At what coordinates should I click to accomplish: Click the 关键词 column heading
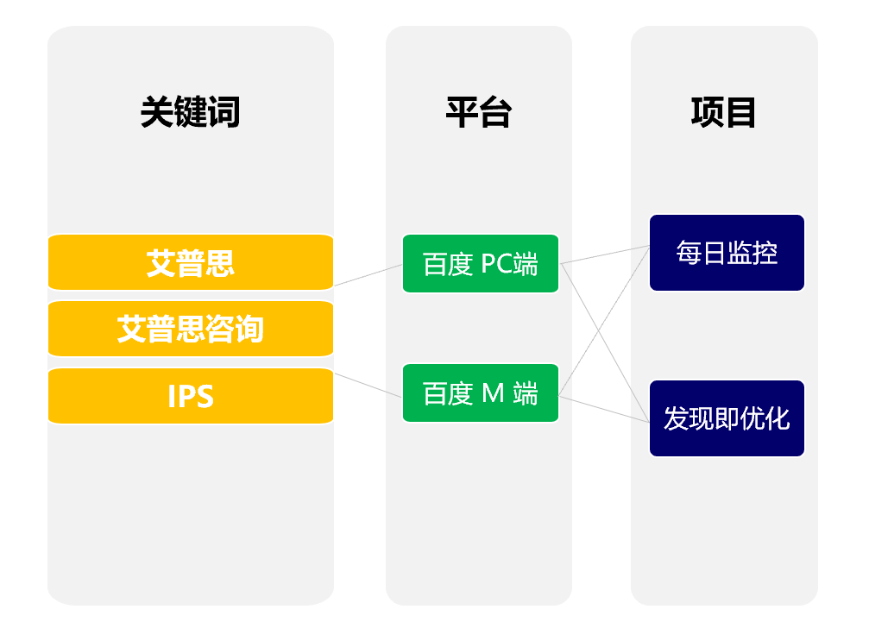(190, 112)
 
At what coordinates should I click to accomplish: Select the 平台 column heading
(478, 112)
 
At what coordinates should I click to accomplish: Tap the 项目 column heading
(723, 112)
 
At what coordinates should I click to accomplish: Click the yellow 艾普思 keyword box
(191, 262)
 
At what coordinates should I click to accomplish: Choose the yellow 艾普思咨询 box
(191, 329)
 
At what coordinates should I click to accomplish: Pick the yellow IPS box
(191, 396)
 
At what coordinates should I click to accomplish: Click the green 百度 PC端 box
(481, 264)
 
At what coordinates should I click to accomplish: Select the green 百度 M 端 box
(481, 393)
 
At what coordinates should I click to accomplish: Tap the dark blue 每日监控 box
(727, 253)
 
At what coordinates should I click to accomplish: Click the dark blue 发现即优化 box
(727, 418)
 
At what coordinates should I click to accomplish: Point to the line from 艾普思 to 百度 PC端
(368, 275)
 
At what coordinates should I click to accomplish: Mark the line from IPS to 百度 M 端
(368, 385)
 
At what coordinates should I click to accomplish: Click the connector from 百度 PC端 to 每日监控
(605, 254)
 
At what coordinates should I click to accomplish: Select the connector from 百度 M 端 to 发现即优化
(604, 409)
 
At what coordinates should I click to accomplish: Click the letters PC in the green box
(496, 264)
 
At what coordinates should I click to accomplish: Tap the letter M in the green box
(493, 393)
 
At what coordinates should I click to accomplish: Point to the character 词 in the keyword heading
(224, 112)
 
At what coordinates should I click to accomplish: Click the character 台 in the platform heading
(495, 112)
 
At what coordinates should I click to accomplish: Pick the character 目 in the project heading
(740, 112)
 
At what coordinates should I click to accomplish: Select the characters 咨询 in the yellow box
(234, 329)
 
